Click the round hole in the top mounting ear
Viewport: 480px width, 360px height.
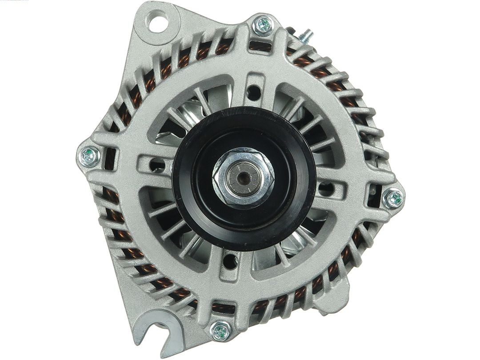[x=158, y=23]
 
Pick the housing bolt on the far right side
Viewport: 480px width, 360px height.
[x=393, y=198]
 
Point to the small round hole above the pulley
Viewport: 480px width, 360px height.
[x=254, y=93]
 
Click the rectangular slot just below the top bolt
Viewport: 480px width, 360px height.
[x=259, y=45]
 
